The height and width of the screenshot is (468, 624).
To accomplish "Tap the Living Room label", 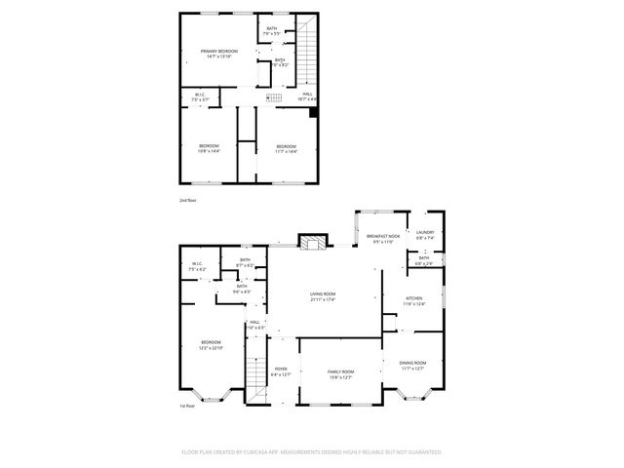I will (323, 296).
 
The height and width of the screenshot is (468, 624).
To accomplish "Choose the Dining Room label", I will (412, 366).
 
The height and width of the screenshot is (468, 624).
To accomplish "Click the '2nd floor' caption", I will (187, 200).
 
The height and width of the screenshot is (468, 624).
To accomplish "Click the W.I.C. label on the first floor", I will (197, 266).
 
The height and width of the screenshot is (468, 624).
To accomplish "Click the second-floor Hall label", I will (307, 97).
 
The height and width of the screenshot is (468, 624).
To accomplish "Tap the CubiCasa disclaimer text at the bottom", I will (312, 452).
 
